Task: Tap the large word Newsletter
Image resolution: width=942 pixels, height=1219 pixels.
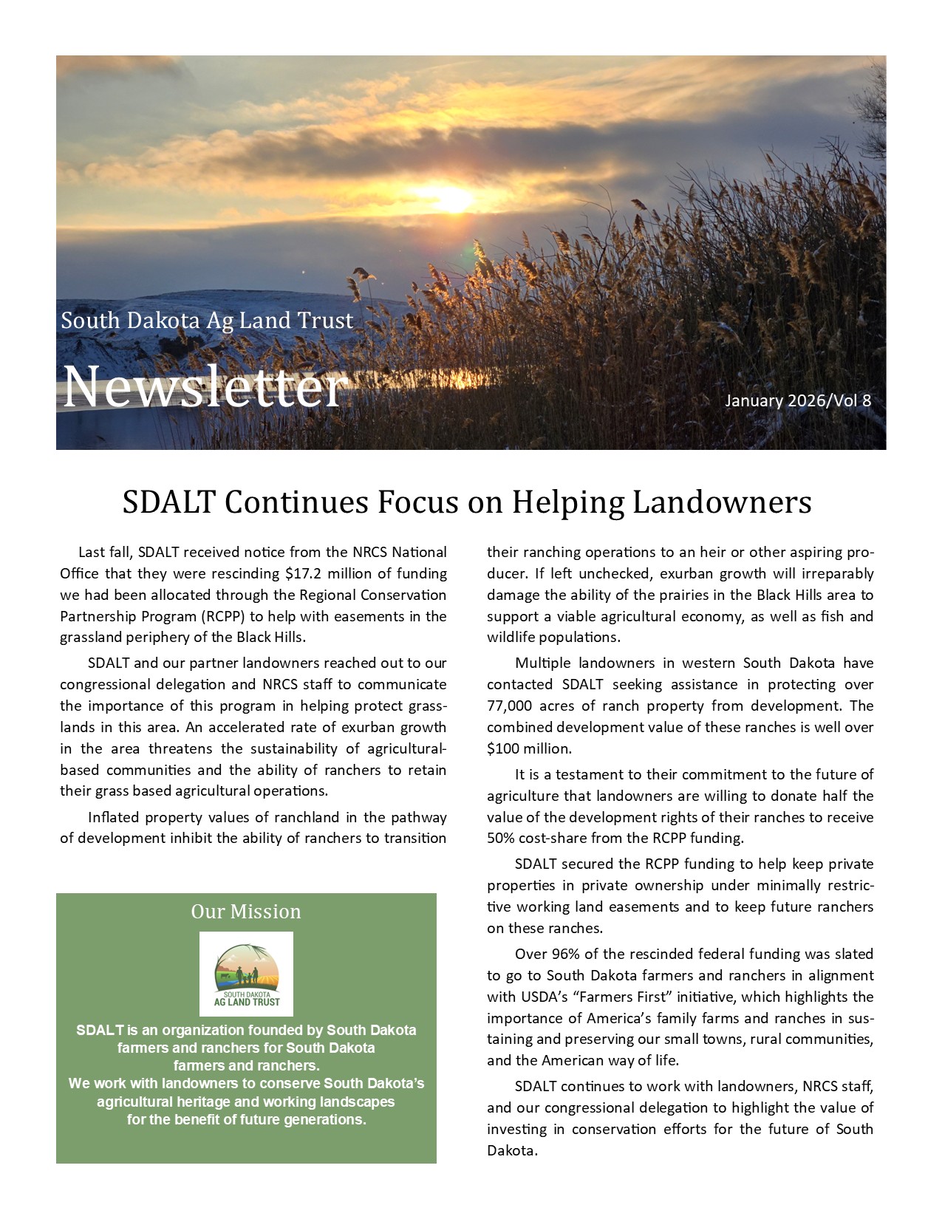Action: tap(205, 387)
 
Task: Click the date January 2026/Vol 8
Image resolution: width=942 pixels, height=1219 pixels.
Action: tap(798, 400)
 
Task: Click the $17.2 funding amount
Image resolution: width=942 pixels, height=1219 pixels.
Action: tap(304, 573)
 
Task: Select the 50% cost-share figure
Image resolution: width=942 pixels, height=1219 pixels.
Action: tap(500, 838)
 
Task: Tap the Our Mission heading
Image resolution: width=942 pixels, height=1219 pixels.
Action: tap(246, 912)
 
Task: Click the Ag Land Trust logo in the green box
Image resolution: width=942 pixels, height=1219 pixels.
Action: tap(246, 974)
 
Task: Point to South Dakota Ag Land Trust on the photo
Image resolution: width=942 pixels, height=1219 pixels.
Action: tap(207, 321)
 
